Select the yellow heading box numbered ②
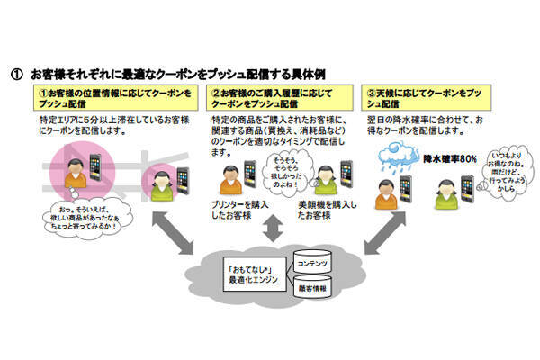[x=270, y=96]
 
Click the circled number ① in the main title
[x=16, y=72]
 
